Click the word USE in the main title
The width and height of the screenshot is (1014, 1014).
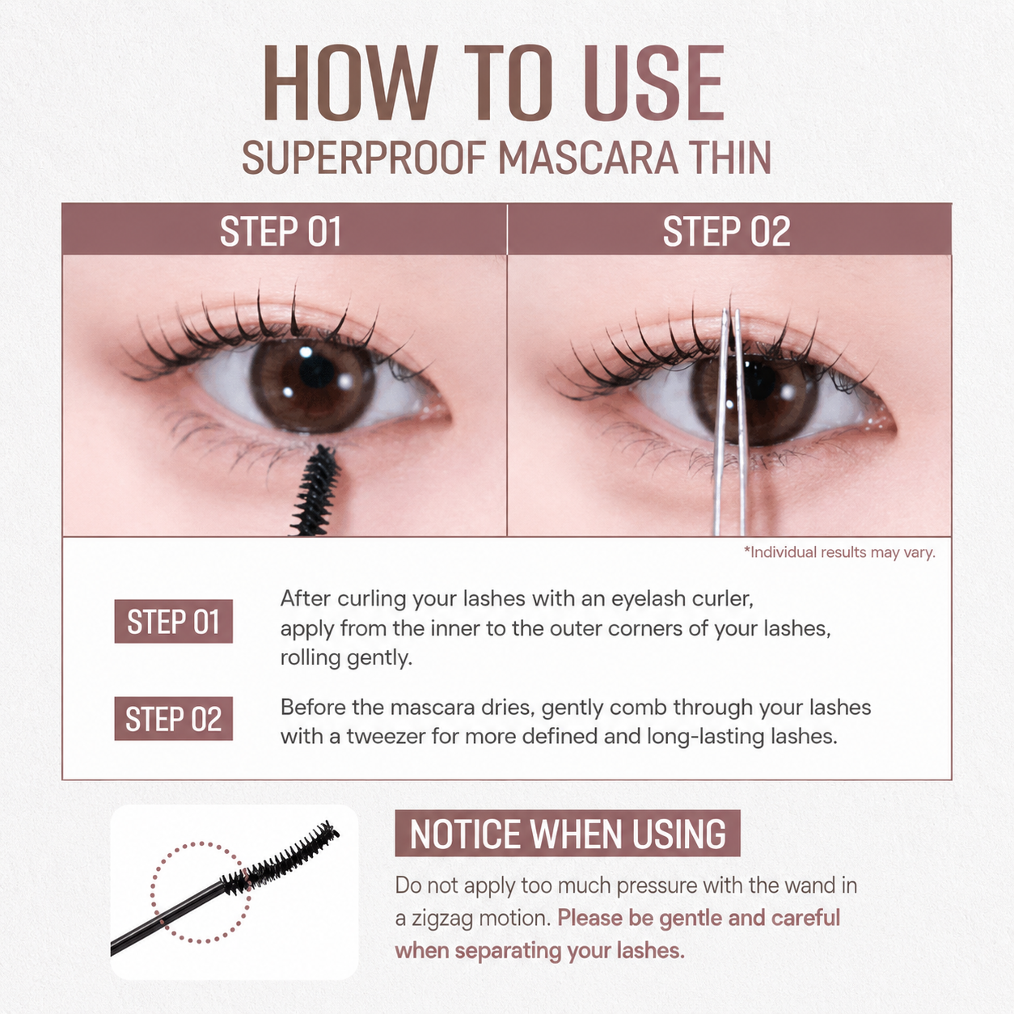coord(654,83)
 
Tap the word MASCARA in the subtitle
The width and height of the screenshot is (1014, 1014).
coord(588,158)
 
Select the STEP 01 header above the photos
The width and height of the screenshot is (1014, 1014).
coord(281,231)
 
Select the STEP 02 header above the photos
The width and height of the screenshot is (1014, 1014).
coord(727,231)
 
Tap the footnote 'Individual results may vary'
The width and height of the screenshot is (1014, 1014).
coord(839,552)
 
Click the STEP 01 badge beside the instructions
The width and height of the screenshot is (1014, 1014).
coord(174,622)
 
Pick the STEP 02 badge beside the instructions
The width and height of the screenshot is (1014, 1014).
coord(174,719)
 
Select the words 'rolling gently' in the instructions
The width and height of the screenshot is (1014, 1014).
coord(346,658)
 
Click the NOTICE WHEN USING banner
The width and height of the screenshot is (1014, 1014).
coord(568,834)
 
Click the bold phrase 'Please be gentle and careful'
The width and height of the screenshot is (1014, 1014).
coord(699,919)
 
